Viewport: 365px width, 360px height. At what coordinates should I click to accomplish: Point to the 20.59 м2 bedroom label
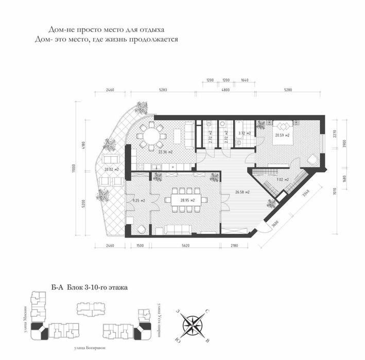tap(282, 135)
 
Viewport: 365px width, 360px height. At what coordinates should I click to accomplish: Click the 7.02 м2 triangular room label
tap(283, 179)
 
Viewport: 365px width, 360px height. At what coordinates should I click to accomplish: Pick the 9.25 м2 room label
tap(138, 200)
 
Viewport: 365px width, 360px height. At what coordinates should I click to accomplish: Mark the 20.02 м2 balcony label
tap(112, 169)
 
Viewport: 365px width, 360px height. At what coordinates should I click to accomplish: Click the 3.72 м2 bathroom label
tap(244, 133)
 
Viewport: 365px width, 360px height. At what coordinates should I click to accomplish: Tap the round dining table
tap(151, 136)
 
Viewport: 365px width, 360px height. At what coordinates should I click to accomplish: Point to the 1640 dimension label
tap(245, 80)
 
